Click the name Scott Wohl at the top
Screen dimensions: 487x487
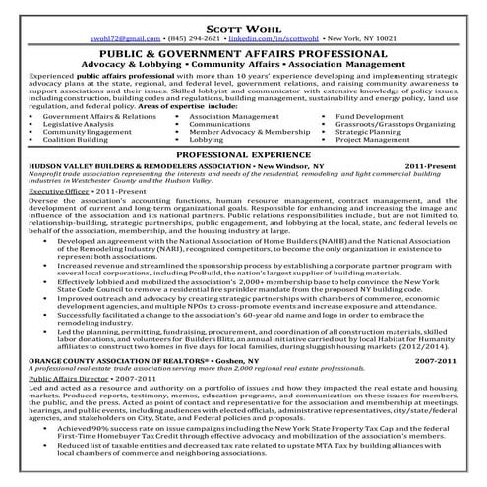(243, 17)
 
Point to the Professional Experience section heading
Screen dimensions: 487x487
(243, 155)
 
